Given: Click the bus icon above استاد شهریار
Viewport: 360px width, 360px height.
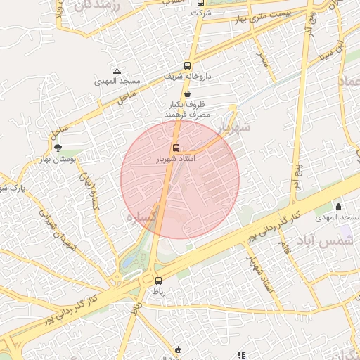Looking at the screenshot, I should pyautogui.click(x=176, y=148).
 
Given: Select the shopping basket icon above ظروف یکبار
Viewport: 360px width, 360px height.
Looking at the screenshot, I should pyautogui.click(x=187, y=93).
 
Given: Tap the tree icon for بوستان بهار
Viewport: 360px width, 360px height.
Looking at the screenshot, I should pyautogui.click(x=58, y=147).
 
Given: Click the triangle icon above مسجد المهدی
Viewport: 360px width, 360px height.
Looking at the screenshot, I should pyautogui.click(x=117, y=71).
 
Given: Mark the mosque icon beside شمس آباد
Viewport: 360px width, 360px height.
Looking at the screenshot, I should pyautogui.click(x=339, y=206).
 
